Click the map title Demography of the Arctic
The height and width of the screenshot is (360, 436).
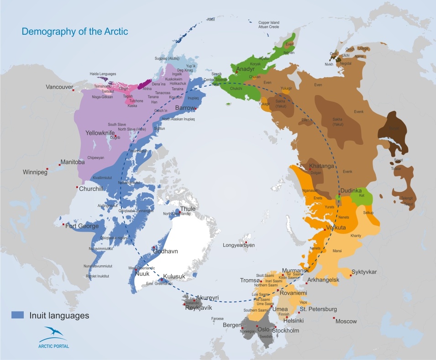pos(75,32)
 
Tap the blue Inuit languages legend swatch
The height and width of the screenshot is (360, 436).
pos(17,315)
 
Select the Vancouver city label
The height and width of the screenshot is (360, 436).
pos(57,87)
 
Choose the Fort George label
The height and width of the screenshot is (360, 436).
pos(82,226)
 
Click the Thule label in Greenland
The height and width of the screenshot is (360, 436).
pos(188,209)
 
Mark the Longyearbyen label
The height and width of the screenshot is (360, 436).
pos(238,245)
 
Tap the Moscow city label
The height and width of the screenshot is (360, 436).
pos(346,321)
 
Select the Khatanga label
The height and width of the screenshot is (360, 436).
pos(323,166)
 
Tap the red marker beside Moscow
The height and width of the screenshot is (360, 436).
pos(334,318)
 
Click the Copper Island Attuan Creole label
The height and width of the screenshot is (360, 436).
pos(271,25)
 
